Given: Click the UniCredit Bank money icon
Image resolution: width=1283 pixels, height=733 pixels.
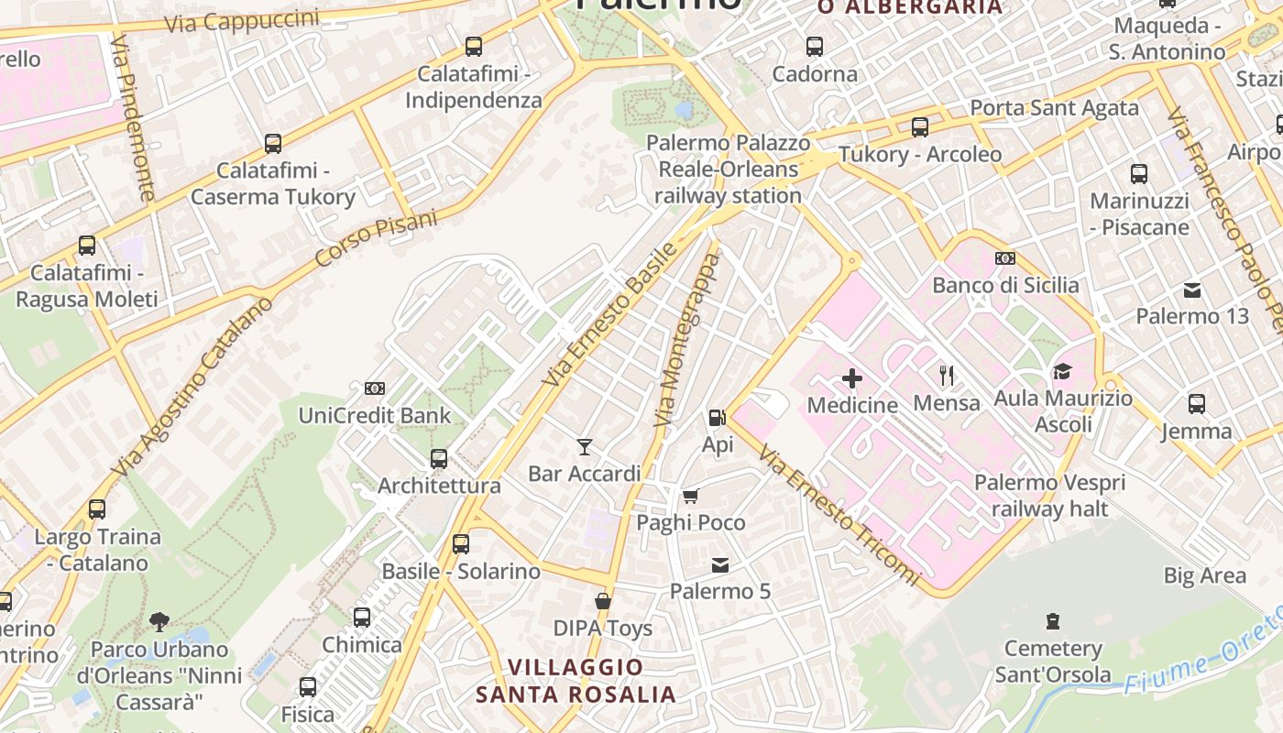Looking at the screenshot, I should coord(374,388).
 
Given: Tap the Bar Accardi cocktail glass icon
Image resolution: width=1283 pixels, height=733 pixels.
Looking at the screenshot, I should coord(585,447).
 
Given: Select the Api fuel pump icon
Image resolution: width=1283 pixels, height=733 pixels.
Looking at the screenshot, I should coord(717,418).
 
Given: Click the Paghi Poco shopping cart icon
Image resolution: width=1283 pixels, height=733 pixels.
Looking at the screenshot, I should coord(690,496).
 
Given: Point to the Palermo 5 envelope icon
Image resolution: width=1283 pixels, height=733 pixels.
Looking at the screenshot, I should coord(720,564).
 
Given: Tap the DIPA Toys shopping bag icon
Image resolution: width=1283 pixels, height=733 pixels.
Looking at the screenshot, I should coord(603,601).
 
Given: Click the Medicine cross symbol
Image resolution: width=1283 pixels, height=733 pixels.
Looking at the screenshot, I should coord(852,377).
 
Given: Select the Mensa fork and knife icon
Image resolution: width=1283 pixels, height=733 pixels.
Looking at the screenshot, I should coord(947,375).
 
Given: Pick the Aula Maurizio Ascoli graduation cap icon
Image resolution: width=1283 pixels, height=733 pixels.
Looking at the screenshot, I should coord(1062,371).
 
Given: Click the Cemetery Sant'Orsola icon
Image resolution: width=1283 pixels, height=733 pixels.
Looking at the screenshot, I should coord(1053,621).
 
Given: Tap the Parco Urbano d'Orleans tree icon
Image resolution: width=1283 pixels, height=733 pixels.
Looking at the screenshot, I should coord(159,622).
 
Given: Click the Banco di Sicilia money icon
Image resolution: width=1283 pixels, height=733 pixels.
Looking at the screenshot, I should coord(1005,258).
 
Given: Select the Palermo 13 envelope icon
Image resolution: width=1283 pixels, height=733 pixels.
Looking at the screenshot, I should coord(1192,290).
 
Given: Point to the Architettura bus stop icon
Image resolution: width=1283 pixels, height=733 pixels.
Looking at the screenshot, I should coord(439,458).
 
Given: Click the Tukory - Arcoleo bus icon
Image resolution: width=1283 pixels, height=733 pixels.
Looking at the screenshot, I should coord(920,127).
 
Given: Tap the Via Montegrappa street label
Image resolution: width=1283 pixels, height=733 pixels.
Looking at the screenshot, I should coord(686,340).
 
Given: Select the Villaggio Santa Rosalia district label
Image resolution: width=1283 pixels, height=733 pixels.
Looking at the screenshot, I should coord(576,681).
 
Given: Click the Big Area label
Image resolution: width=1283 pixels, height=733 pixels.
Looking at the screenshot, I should coord(1204,575).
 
